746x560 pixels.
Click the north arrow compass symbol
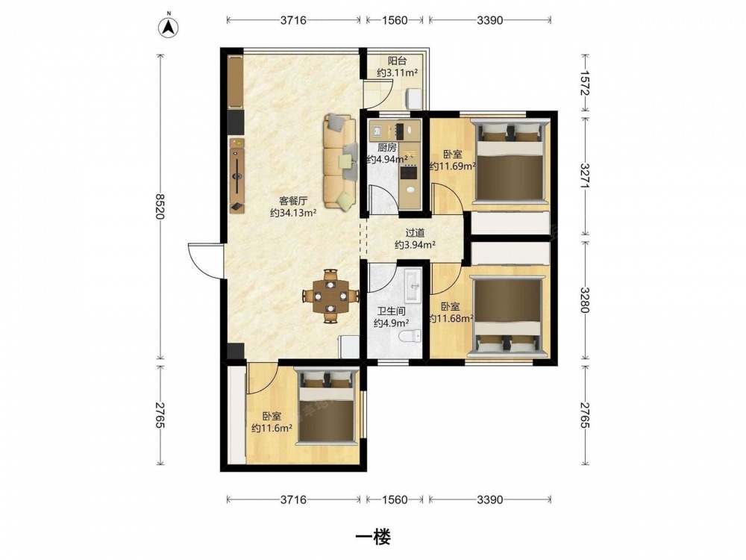[x=168, y=27]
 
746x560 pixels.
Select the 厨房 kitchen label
[x=386, y=148]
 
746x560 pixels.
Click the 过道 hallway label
[x=415, y=233]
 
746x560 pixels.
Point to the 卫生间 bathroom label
[x=391, y=312]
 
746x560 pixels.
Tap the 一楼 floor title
[x=374, y=537]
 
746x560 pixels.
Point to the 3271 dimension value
[x=585, y=175]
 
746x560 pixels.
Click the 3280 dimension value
[x=585, y=299]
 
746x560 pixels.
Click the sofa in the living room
[x=339, y=161]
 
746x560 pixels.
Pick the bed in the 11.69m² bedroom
[x=510, y=161]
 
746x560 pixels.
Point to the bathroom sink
[x=413, y=285]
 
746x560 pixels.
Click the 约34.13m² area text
[x=293, y=213]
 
